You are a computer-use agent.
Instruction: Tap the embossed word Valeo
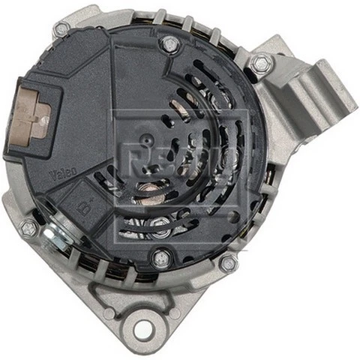(x=61, y=175)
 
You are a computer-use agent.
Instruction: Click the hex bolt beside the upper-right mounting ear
(x=260, y=64)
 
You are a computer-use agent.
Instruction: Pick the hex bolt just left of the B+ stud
(x=28, y=227)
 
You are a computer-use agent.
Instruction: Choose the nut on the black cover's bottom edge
(x=160, y=258)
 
